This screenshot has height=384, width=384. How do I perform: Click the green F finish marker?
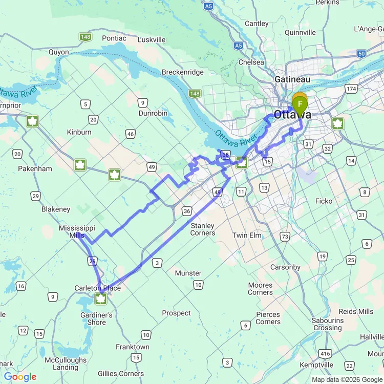tap(300, 104)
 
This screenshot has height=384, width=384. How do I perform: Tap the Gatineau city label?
tap(292, 79)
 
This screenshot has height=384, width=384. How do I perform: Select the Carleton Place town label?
tap(98, 288)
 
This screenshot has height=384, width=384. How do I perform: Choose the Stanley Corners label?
tap(202, 229)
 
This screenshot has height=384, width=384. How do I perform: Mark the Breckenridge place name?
tap(183, 72)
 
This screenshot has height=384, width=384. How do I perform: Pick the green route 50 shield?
tap(362, 53)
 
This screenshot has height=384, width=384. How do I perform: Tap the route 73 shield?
tap(285, 236)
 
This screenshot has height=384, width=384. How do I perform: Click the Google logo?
tap(20, 377)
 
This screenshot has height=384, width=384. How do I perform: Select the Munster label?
tap(188, 273)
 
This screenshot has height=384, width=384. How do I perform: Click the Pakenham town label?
tap(35, 168)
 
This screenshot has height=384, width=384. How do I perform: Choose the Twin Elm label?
tap(247, 235)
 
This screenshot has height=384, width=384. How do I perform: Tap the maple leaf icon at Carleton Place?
tap(101, 298)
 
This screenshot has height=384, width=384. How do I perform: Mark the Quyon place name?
tap(58, 52)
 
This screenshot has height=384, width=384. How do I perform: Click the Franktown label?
tap(133, 347)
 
